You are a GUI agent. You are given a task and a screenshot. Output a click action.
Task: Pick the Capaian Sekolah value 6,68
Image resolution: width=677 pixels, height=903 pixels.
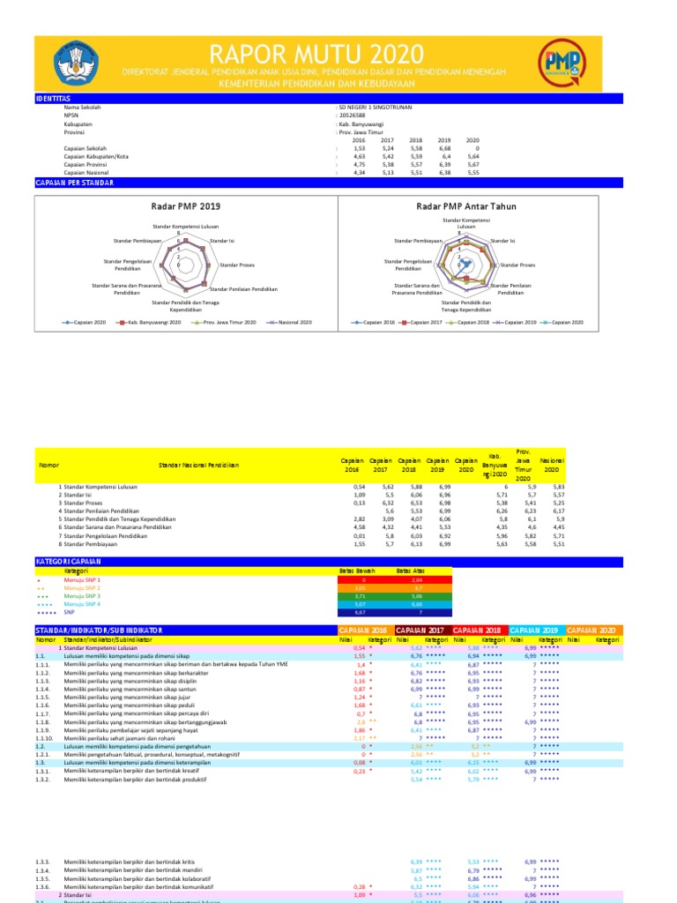[x=444, y=148]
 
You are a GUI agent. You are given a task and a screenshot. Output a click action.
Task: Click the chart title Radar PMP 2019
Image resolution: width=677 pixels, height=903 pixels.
[x=185, y=206]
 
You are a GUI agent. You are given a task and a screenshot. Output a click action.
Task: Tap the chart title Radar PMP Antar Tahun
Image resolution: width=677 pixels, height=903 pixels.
[x=465, y=206]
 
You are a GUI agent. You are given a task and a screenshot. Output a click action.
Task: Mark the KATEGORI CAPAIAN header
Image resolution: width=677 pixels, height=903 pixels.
[x=69, y=561]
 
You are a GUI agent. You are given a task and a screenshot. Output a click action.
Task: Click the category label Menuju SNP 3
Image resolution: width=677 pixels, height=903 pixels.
[x=82, y=596]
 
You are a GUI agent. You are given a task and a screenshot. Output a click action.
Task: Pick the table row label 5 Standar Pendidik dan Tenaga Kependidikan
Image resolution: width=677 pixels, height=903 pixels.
[x=116, y=519]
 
